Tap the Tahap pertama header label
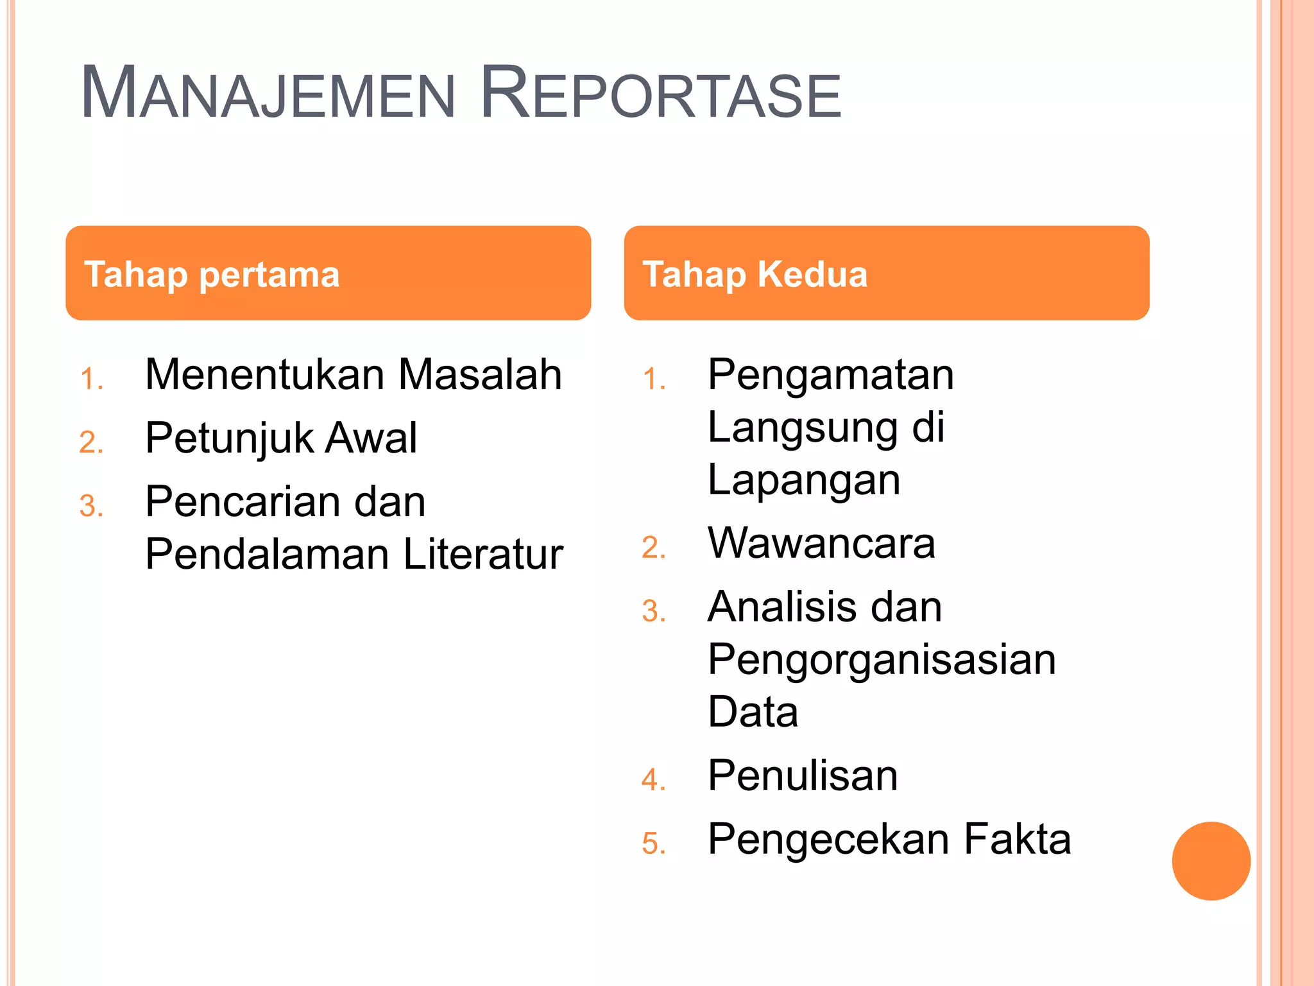coord(212,274)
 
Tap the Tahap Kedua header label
coord(755,274)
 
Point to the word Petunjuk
coord(229,438)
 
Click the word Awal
coord(371,438)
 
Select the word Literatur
coord(483,554)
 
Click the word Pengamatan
coord(830,375)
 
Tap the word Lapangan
coord(803,480)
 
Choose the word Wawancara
coord(821,544)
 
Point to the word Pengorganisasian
coord(882,660)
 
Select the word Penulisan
coord(803,775)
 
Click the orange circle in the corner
coord(1211,861)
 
